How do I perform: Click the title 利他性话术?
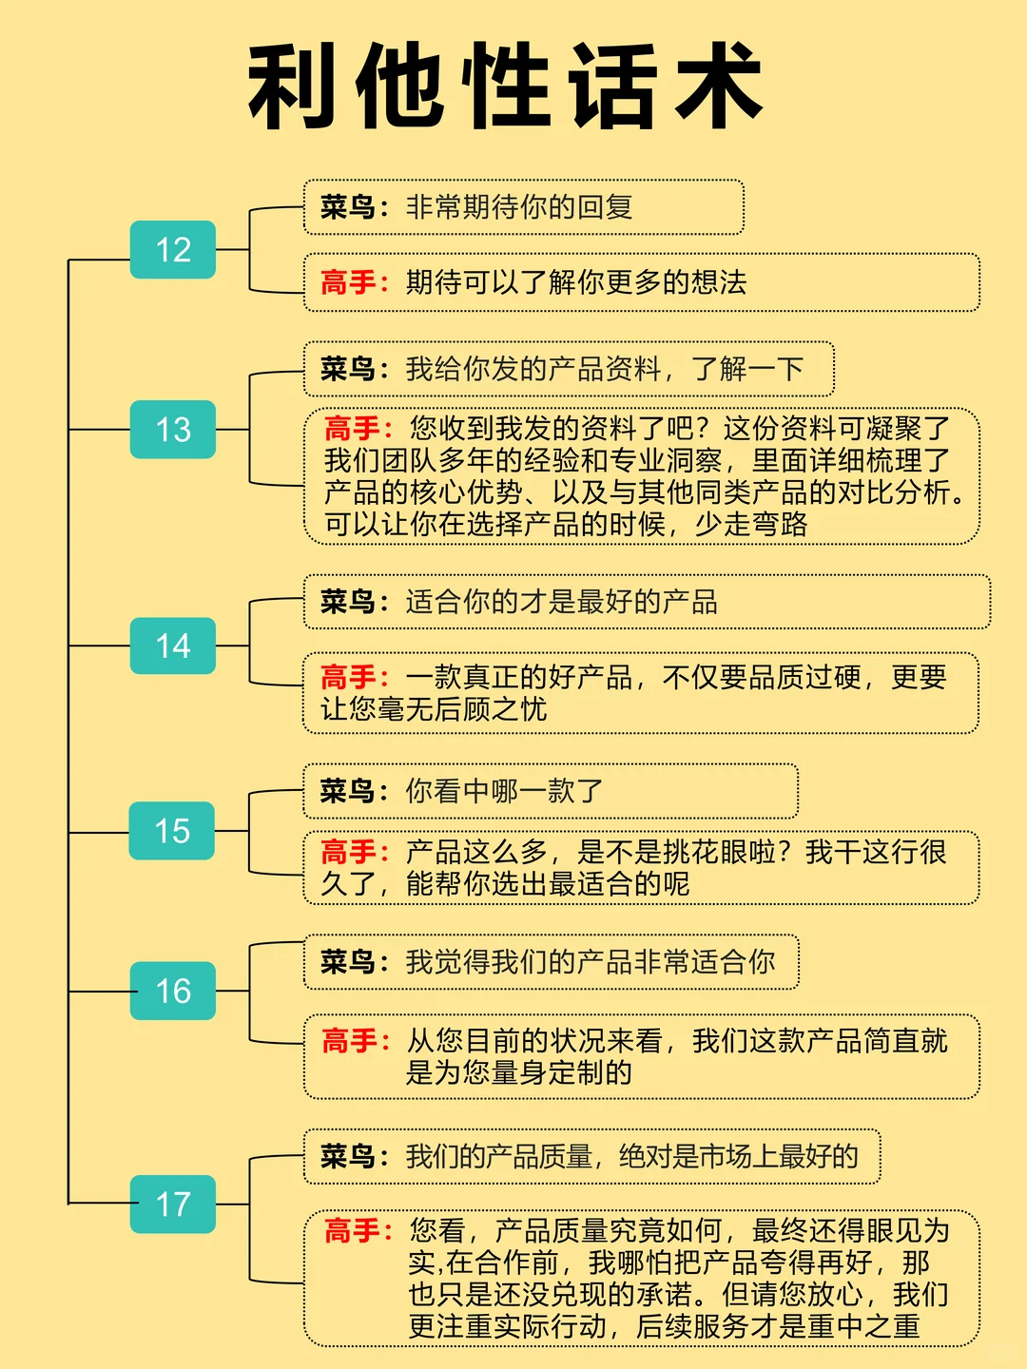(505, 87)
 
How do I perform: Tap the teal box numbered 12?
(173, 250)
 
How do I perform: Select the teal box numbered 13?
(173, 430)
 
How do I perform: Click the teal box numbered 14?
(173, 646)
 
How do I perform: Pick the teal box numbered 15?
(173, 831)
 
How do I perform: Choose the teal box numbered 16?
(173, 992)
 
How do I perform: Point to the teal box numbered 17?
(173, 1205)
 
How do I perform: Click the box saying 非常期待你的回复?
(523, 207)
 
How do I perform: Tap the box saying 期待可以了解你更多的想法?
(641, 282)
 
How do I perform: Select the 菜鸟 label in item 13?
(348, 369)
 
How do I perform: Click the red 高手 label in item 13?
(352, 429)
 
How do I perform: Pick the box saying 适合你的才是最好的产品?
(647, 602)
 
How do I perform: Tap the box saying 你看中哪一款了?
(550, 791)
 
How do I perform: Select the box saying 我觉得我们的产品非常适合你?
(551, 962)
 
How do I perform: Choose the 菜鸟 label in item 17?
(348, 1156)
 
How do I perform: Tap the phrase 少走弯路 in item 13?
(751, 524)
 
